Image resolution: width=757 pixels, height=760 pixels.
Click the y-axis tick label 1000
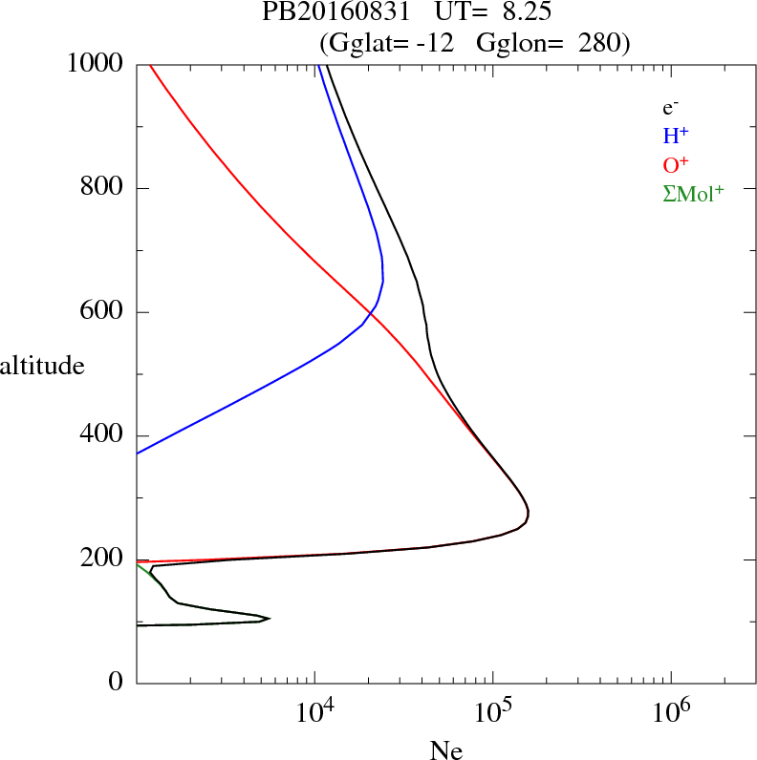pyautogui.click(x=96, y=64)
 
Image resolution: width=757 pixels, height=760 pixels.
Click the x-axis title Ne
pyautogui.click(x=445, y=750)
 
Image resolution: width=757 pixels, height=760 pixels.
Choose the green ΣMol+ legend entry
pyautogui.click(x=693, y=193)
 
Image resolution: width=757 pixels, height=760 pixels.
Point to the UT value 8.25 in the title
pyautogui.click(x=525, y=13)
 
